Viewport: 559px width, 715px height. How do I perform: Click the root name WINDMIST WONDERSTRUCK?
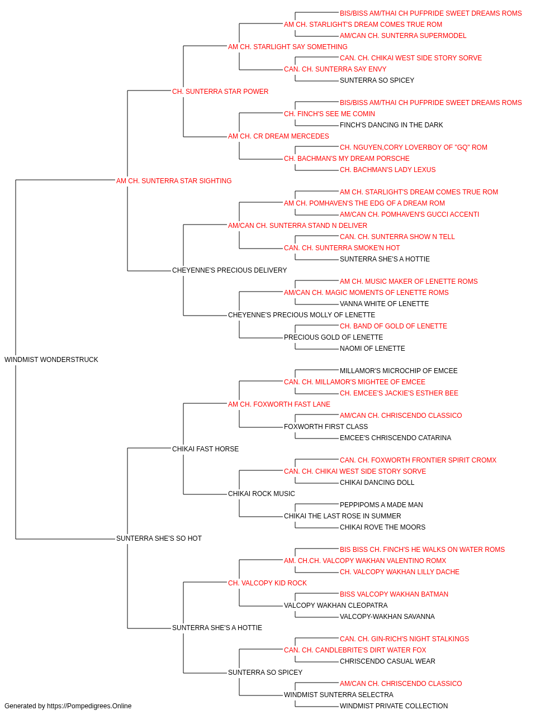[51, 360]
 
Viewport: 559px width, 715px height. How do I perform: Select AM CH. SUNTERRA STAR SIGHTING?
[174, 181]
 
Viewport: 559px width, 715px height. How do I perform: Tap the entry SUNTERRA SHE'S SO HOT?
[159, 538]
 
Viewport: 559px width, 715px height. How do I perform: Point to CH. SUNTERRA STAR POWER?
[220, 92]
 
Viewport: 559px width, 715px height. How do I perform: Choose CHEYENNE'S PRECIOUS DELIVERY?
[229, 270]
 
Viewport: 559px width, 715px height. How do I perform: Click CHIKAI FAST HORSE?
[205, 449]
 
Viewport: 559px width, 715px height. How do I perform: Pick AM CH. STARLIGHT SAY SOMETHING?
[288, 47]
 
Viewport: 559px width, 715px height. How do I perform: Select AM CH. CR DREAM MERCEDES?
[278, 136]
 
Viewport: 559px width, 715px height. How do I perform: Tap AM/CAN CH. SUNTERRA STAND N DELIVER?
[297, 226]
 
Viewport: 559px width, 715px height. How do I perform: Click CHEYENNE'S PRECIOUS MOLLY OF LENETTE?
[301, 315]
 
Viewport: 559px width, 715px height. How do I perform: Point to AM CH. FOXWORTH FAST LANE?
[279, 404]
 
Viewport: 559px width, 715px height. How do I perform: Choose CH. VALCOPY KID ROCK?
[267, 583]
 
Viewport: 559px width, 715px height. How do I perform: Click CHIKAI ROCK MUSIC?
[262, 494]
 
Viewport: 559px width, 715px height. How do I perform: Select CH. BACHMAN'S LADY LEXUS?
[387, 170]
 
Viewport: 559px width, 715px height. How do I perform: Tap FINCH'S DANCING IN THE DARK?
[391, 125]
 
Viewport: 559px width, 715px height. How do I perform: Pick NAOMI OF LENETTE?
[372, 349]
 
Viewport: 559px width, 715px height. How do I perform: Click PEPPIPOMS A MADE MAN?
[381, 505]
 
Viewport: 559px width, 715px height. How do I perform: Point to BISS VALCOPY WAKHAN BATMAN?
[394, 594]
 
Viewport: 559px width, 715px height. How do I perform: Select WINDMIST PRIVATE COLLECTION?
[394, 706]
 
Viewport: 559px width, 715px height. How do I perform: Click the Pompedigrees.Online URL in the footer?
[89, 706]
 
